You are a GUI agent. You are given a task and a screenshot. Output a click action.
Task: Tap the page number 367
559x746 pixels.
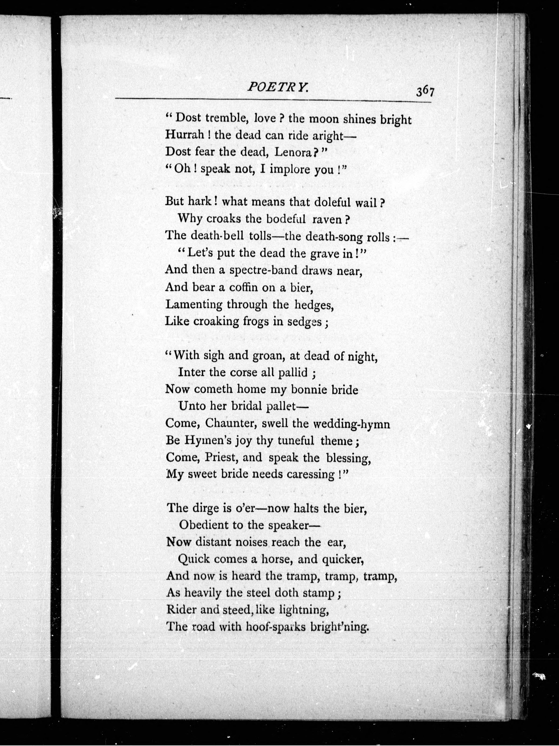[x=425, y=92]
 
